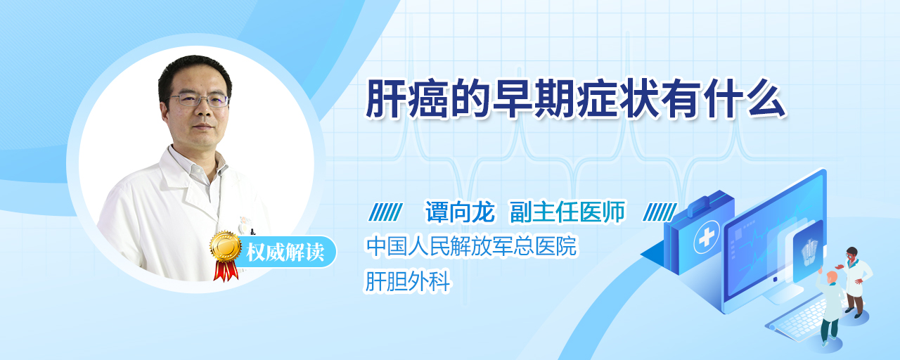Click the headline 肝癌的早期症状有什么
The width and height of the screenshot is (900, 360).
tap(575, 99)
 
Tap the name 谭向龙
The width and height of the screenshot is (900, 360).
tap(460, 212)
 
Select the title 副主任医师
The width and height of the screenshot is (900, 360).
tap(567, 212)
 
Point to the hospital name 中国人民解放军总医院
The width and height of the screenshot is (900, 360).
tap(471, 246)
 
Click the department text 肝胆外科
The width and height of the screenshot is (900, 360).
tap(407, 281)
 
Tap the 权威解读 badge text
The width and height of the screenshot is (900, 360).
tap(285, 252)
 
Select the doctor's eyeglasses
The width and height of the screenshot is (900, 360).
tap(198, 100)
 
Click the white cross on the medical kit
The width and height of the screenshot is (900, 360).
tap(707, 237)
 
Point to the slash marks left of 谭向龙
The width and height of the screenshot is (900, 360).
tap(385, 212)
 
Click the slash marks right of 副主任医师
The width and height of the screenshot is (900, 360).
tap(660, 212)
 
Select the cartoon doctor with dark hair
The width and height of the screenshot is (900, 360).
tap(856, 281)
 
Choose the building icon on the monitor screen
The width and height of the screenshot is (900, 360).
tap(809, 252)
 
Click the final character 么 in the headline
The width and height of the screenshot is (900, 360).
tap(766, 99)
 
